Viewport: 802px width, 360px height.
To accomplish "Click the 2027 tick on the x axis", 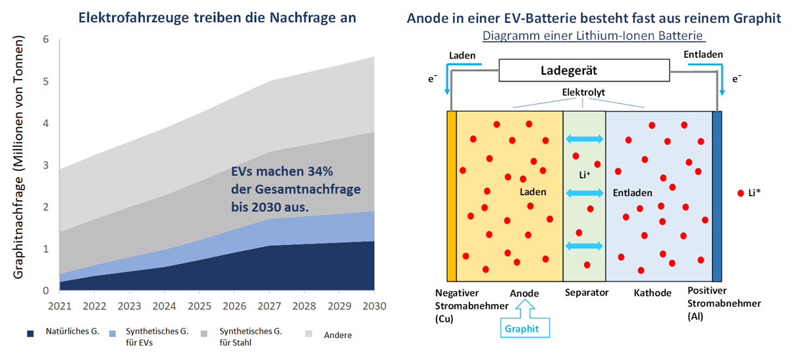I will coord(269,306).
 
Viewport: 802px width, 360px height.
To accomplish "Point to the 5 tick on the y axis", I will coord(46,82).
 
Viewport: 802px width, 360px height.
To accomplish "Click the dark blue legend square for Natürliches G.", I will coord(31,334).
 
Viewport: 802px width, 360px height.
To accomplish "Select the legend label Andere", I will coord(338,335).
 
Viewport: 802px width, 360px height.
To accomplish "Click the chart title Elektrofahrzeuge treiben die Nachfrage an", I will coord(217,18).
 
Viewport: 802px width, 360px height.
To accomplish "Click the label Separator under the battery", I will coord(586,292).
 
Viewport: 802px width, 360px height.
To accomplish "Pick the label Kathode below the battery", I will coord(653,292).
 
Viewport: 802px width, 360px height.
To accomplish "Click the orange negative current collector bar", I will coord(451,196).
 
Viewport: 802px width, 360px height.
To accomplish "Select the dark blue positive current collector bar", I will coord(717,196).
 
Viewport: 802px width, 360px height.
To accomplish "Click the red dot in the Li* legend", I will coord(742,193).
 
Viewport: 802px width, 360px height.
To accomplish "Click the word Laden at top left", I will coord(462,55).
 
